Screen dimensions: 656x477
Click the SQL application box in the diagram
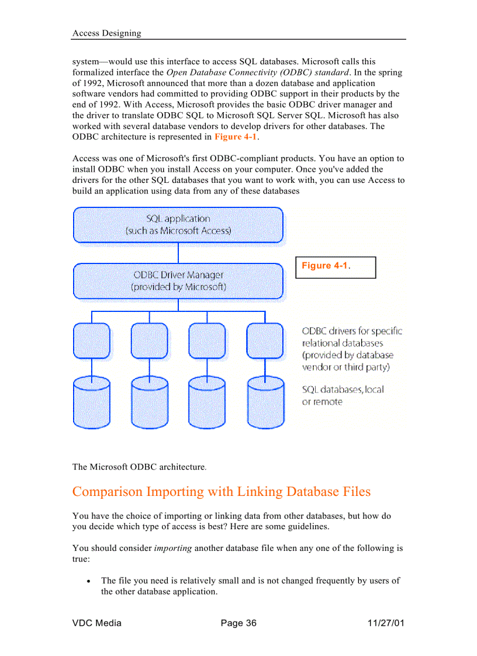coord(178,225)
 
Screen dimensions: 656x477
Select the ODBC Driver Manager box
coord(178,281)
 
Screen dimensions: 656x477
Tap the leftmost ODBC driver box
coord(92,341)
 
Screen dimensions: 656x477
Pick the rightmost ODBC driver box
coord(265,341)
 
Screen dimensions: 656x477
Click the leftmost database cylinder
coord(92,402)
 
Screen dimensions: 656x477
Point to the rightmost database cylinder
coord(265,402)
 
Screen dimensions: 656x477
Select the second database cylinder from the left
coord(150,402)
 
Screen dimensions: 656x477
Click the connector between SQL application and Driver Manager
coord(178,253)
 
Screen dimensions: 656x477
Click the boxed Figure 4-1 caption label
coord(335,267)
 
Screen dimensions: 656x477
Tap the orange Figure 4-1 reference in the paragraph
coord(236,137)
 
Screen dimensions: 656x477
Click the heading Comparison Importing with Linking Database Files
coord(221,491)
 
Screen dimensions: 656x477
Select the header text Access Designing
coord(106,33)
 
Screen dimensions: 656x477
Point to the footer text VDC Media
coord(96,623)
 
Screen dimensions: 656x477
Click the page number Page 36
coord(238,623)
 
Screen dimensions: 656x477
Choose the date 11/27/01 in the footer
coord(383,623)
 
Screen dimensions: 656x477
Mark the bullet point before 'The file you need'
coord(88,581)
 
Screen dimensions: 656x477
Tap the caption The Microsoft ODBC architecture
coord(139,467)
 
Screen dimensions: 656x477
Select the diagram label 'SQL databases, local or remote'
coord(343,395)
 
